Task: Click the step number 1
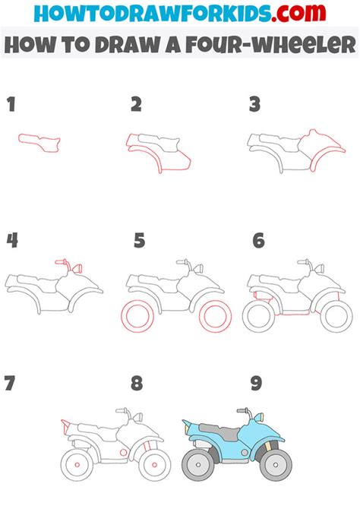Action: [11, 105]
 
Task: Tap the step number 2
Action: [136, 105]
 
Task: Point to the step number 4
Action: [12, 241]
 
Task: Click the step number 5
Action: [139, 241]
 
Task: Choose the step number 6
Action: [258, 241]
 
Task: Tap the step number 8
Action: [136, 383]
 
